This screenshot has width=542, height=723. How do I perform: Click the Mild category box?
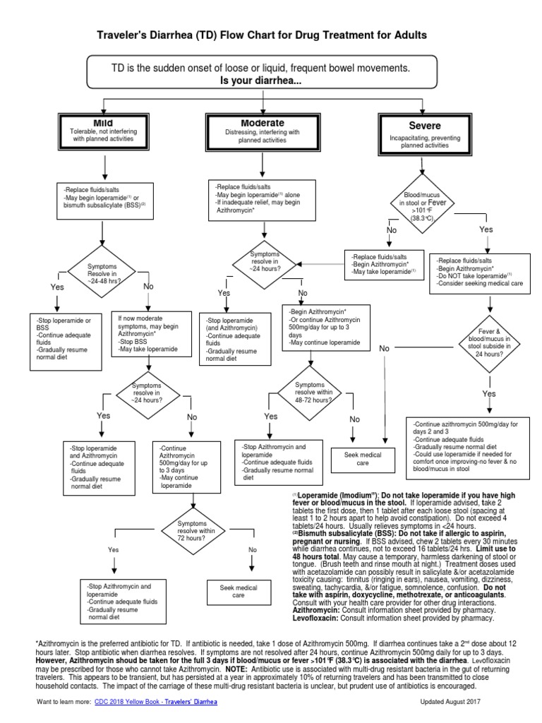pos(104,132)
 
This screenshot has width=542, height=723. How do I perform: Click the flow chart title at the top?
pos(271,35)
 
